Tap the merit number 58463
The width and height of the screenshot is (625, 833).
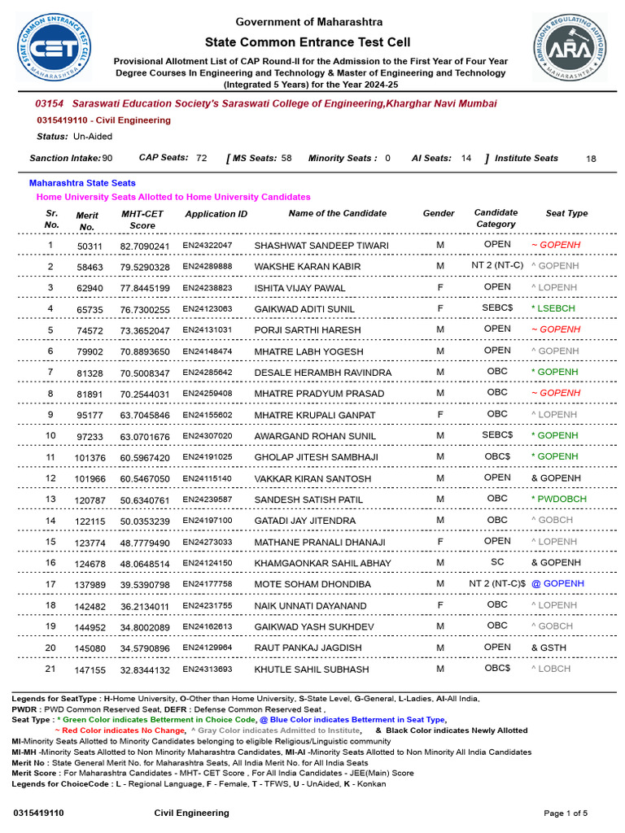click(90, 267)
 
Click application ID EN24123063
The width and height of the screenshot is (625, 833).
click(207, 309)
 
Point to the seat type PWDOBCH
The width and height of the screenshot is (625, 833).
click(558, 499)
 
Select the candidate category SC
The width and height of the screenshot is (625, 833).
click(497, 562)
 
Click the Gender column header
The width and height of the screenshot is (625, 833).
click(439, 213)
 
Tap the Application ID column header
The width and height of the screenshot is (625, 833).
click(216, 214)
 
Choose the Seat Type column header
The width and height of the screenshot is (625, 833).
click(566, 213)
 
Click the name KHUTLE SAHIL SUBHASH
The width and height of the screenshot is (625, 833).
click(312, 669)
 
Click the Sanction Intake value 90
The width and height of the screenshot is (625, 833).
click(107, 158)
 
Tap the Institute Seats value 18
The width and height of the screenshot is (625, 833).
click(591, 159)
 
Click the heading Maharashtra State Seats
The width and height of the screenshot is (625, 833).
click(82, 183)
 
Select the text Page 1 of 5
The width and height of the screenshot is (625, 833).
click(565, 813)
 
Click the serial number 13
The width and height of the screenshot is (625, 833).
click(50, 499)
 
